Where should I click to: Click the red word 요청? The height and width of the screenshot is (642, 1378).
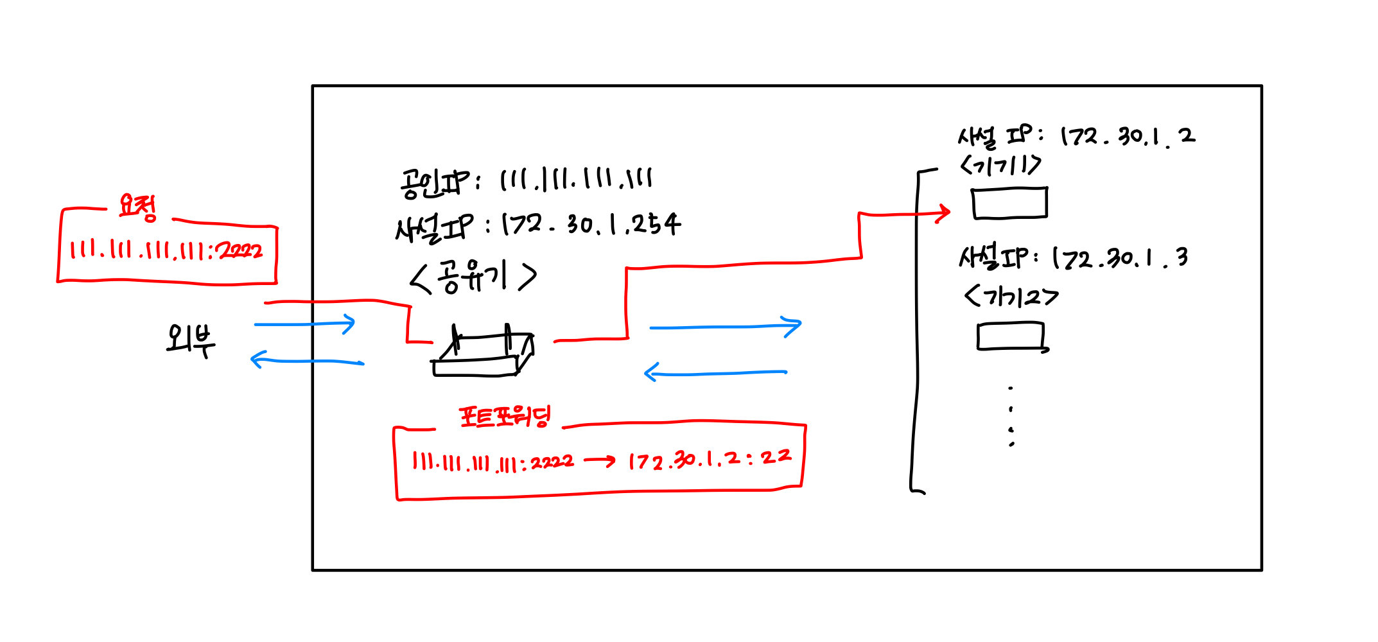pyautogui.click(x=138, y=207)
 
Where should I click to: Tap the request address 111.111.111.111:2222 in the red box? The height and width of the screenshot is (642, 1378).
pyautogui.click(x=166, y=250)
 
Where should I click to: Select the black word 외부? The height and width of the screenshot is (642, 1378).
pyautogui.click(x=190, y=340)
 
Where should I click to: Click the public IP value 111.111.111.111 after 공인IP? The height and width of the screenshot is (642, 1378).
pyautogui.click(x=576, y=179)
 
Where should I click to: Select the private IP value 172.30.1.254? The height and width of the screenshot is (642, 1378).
pyautogui.click(x=591, y=225)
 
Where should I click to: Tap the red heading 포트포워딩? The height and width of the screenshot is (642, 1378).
pyautogui.click(x=505, y=417)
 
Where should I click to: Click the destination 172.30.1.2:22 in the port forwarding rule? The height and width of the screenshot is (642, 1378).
pyautogui.click(x=710, y=459)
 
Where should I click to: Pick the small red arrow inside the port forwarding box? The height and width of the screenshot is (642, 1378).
pyautogui.click(x=599, y=460)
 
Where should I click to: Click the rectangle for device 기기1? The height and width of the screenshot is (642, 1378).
pyautogui.click(x=1009, y=204)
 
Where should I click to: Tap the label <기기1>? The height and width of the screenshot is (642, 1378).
pyautogui.click(x=1000, y=166)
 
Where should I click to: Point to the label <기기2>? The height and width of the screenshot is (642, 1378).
pyautogui.click(x=1011, y=297)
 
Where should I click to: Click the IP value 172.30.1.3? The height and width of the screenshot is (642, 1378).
pyautogui.click(x=1121, y=259)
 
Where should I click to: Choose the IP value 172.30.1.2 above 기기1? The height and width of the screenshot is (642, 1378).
pyautogui.click(x=1128, y=137)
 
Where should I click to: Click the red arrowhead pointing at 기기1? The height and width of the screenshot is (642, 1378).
pyautogui.click(x=943, y=213)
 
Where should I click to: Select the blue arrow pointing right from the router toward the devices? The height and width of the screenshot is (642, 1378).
pyautogui.click(x=726, y=327)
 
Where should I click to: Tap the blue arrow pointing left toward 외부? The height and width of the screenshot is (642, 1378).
pyautogui.click(x=307, y=361)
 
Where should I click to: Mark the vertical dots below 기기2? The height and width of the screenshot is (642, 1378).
pyautogui.click(x=1011, y=416)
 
